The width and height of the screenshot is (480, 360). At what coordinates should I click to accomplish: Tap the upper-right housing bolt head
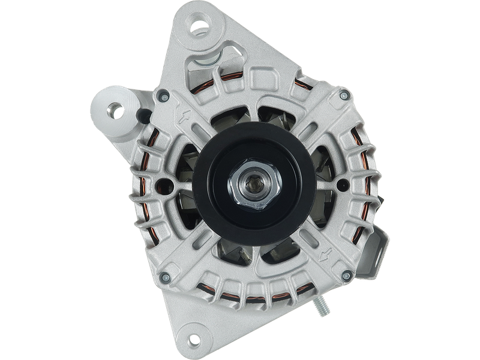click(343, 95)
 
